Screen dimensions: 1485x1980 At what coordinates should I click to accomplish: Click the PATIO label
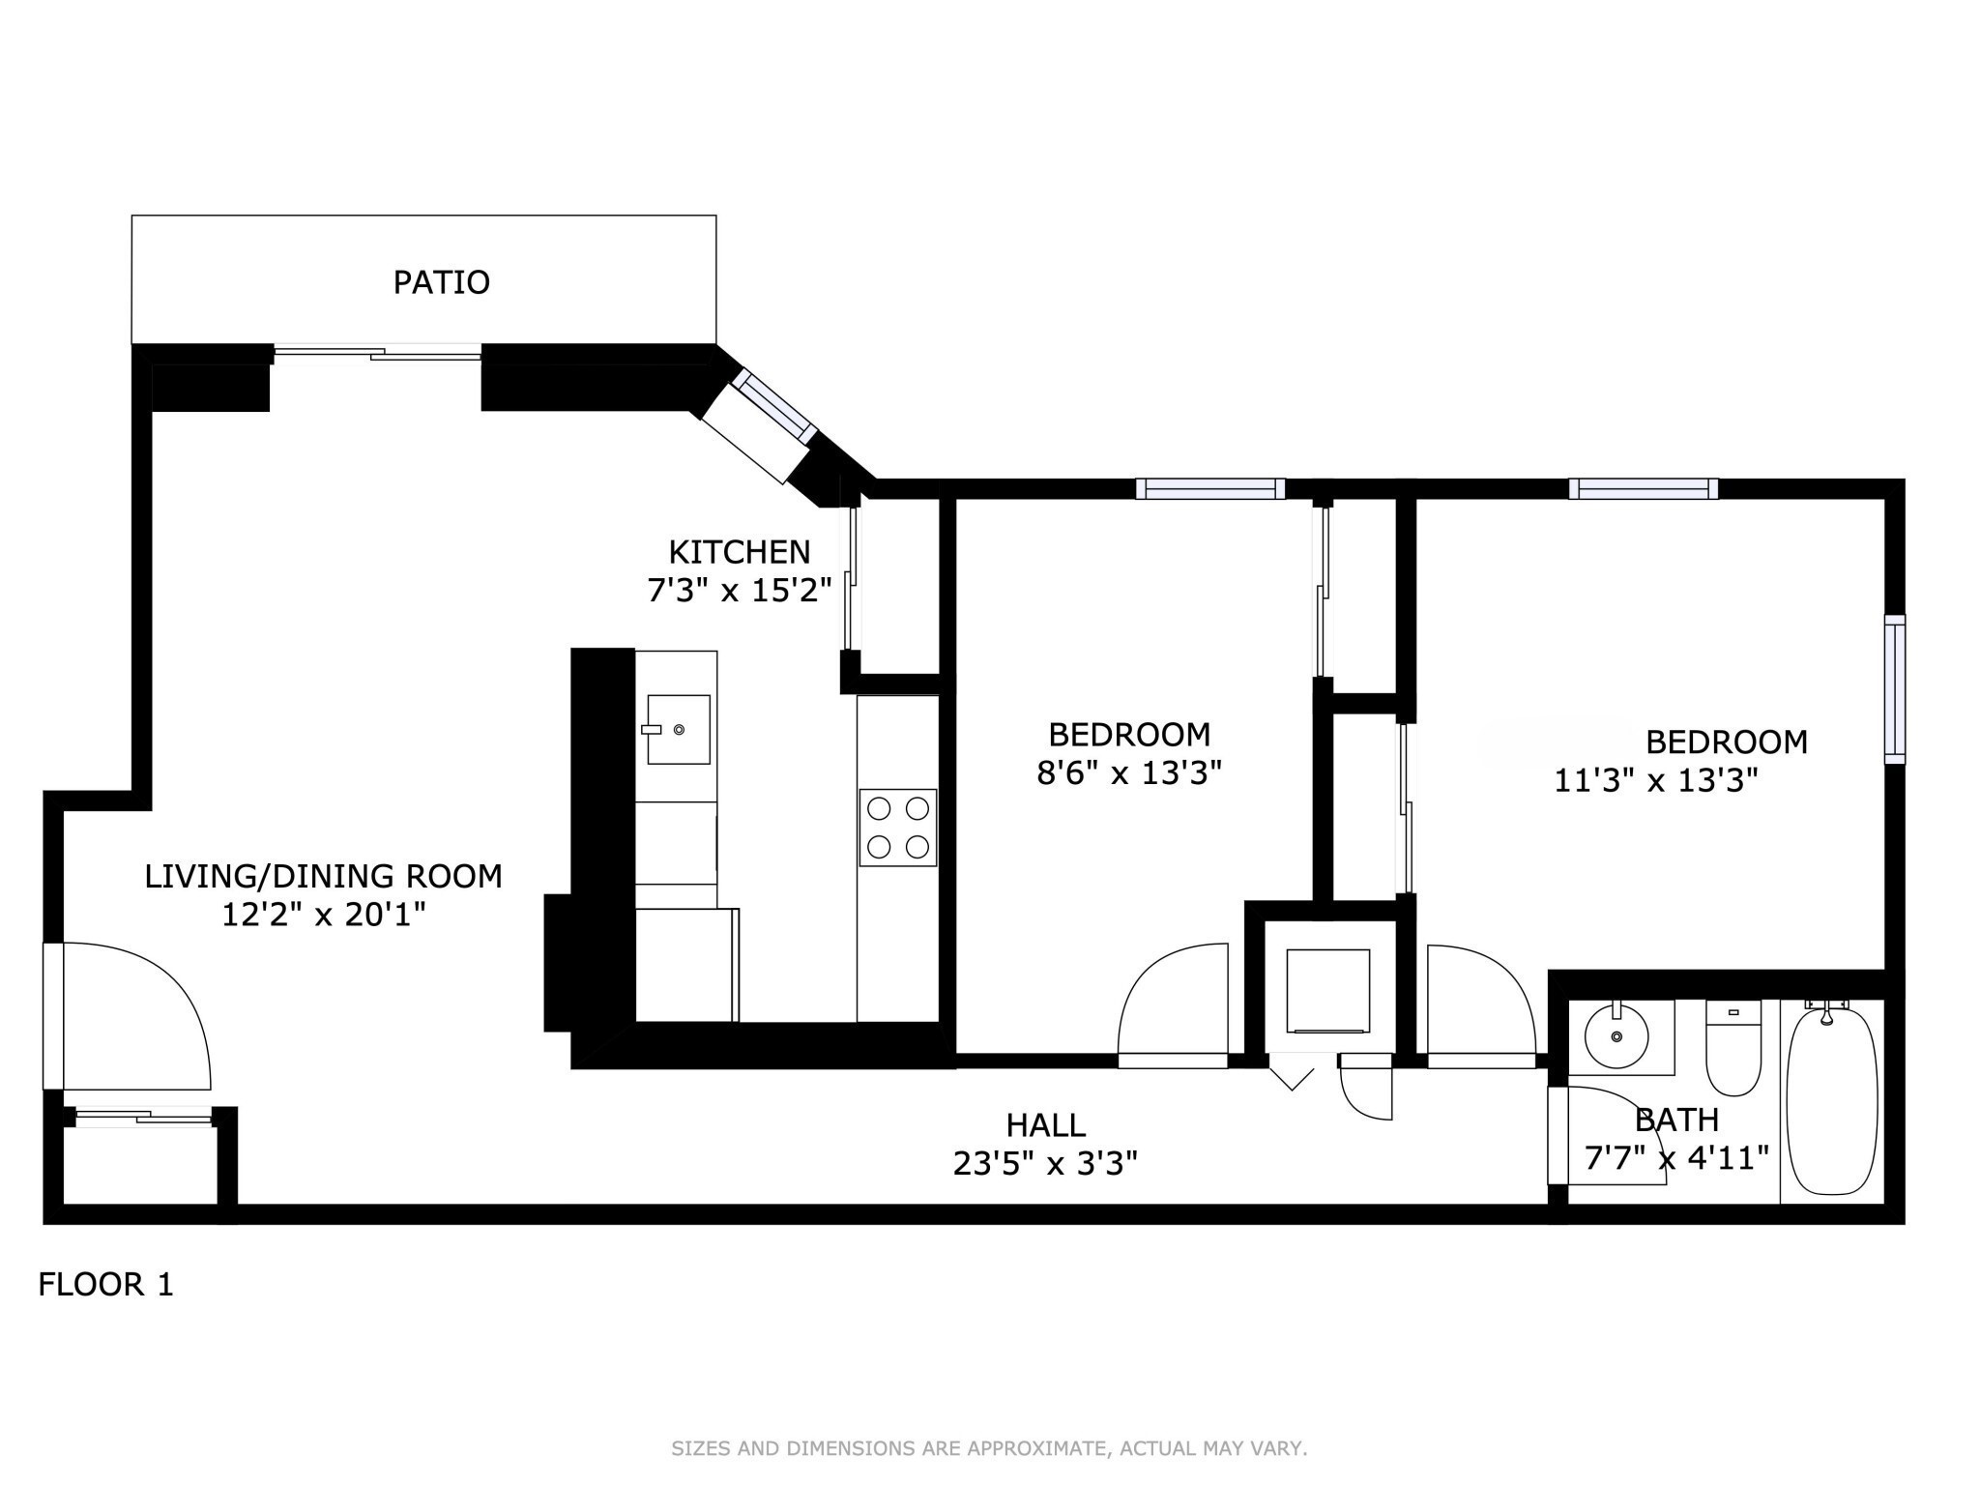tap(441, 282)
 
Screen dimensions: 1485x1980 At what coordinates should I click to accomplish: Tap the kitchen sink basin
tap(678, 729)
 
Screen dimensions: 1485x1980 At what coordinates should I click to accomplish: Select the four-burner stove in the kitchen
tap(897, 827)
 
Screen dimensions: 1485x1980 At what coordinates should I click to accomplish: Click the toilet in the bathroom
tap(1733, 1050)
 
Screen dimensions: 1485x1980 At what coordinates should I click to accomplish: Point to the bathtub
tap(1832, 1102)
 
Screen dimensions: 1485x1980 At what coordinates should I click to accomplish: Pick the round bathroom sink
tap(1616, 1035)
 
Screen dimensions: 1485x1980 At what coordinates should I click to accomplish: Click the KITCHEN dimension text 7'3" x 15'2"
tap(740, 590)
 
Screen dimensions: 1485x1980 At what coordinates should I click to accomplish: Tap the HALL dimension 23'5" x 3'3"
tap(1044, 1163)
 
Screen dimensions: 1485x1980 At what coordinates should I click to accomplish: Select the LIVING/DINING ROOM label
tap(323, 876)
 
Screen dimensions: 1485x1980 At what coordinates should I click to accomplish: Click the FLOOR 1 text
tap(105, 1285)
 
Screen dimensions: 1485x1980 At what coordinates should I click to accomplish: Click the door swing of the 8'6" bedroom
tap(1173, 1005)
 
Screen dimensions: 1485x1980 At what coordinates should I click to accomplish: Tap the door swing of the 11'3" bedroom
tap(1479, 1005)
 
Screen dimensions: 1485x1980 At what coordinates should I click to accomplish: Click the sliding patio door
tap(377, 353)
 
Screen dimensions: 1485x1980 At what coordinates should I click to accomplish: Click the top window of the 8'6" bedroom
tap(1209, 489)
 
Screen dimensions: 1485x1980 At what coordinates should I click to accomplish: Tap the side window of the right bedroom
tap(1894, 688)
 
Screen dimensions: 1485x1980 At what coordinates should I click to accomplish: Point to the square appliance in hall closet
tap(1327, 991)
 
